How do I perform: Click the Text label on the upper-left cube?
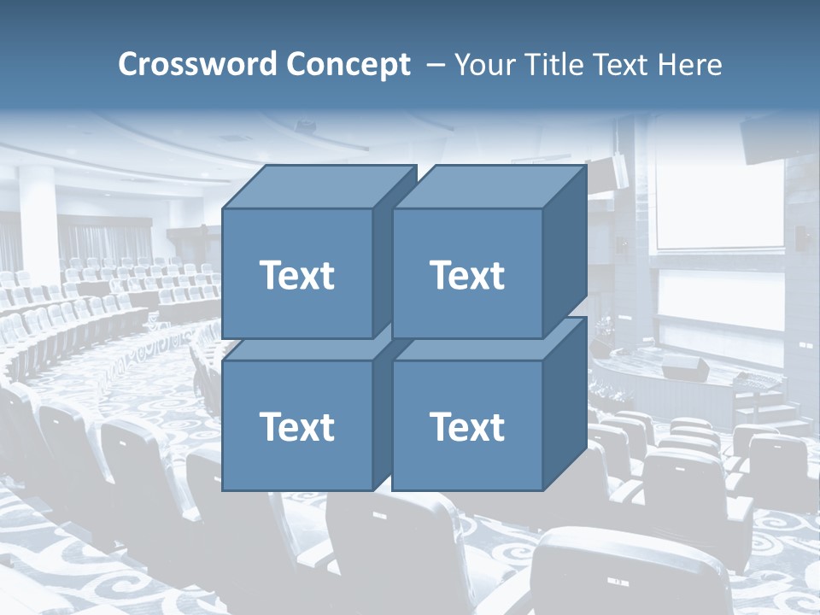(296, 275)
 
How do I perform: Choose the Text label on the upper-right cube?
(467, 275)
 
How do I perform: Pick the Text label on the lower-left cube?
(296, 426)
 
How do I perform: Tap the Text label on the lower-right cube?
(467, 426)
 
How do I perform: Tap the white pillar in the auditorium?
(38, 222)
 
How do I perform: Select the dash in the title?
(435, 64)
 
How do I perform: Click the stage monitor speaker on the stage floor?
(685, 369)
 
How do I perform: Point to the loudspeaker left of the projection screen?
(619, 171)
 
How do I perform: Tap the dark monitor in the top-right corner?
(778, 137)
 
